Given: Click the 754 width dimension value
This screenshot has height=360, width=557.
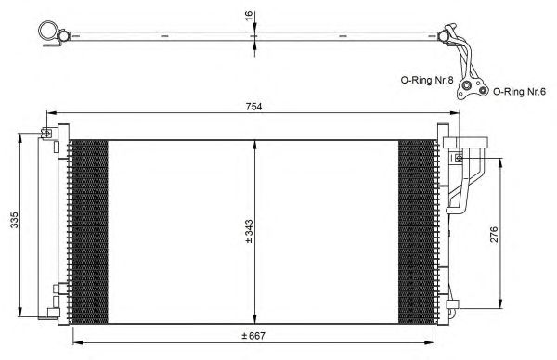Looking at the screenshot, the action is [x=253, y=107].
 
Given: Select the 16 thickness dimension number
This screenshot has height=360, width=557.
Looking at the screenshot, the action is [x=249, y=16].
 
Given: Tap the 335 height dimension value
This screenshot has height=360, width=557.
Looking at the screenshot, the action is [x=14, y=220].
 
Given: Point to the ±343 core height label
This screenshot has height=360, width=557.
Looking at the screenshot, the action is [x=249, y=231].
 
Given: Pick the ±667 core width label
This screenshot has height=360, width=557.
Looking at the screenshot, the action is [x=253, y=336].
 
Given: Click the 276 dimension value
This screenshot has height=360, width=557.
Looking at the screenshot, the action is [x=494, y=235].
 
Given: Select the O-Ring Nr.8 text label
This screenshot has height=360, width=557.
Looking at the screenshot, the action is [x=427, y=80].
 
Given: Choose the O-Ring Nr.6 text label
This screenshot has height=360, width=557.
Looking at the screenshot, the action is [x=519, y=92].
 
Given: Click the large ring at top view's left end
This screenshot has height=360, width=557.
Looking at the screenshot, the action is [x=48, y=32].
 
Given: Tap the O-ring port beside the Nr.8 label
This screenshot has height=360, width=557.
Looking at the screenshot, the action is [x=466, y=85].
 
